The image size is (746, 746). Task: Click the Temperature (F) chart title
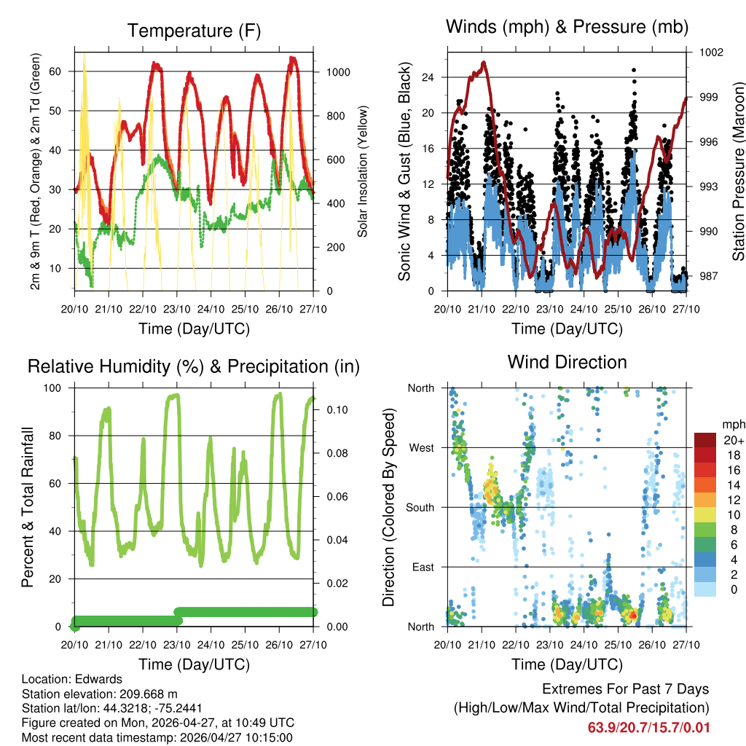(x=194, y=31)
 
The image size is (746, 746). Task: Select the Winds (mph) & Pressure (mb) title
(x=567, y=27)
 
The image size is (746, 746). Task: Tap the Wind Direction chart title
(x=567, y=362)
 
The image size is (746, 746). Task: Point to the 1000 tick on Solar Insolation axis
(x=340, y=72)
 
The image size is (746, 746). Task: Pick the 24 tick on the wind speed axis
(x=428, y=77)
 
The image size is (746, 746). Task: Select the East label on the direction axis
(x=422, y=567)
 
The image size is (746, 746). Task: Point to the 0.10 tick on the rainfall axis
(x=336, y=409)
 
